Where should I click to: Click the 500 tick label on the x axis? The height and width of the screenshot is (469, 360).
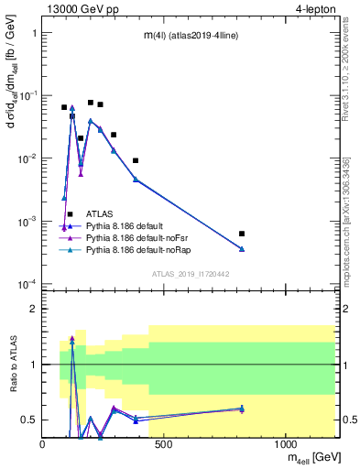164,444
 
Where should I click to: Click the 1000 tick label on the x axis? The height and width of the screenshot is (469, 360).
285,444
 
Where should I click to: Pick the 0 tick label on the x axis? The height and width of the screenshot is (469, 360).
43,444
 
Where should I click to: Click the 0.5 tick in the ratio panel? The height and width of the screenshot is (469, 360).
29,420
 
